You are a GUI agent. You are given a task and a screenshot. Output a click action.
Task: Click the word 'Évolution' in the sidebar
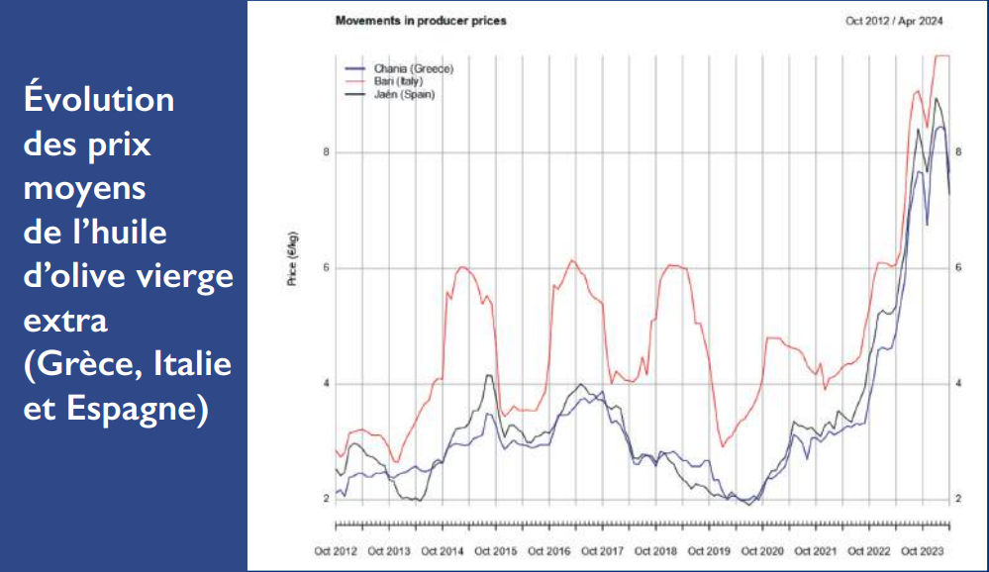point(98,99)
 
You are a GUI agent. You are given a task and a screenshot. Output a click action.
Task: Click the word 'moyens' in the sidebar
point(83,188)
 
